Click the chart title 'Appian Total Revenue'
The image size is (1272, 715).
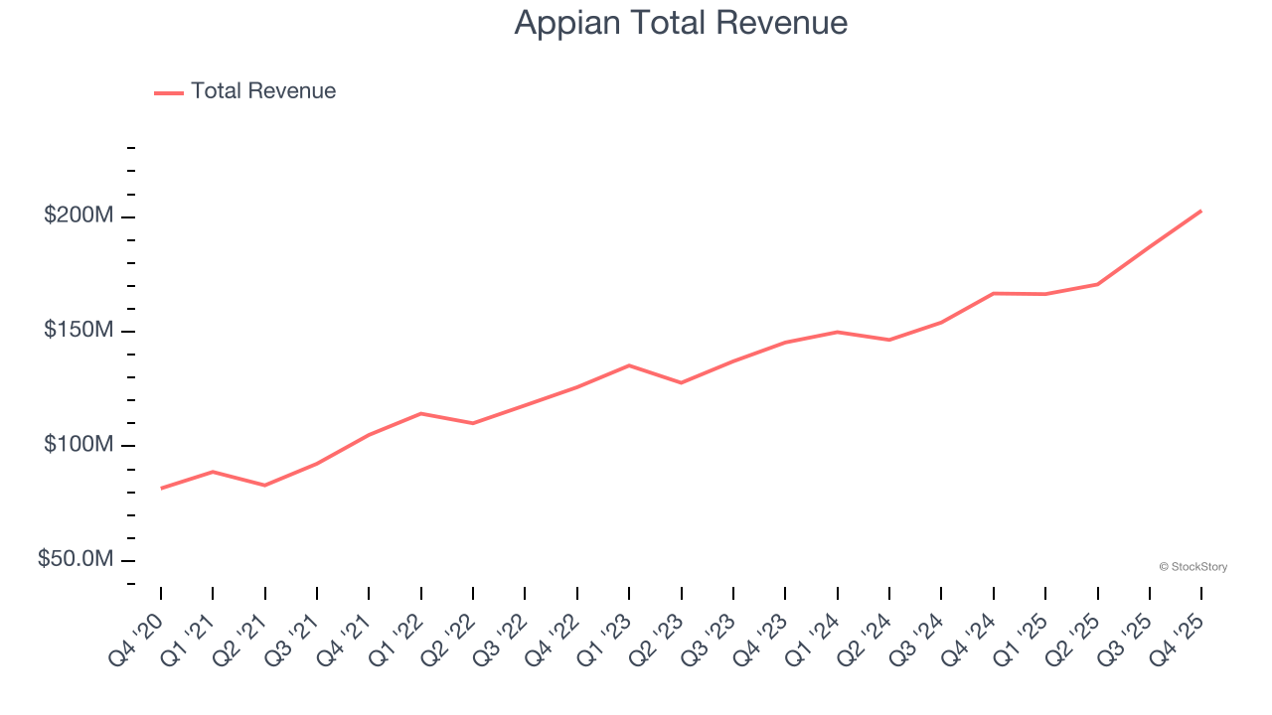pyautogui.click(x=681, y=23)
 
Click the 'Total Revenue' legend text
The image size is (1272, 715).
pyautogui.click(x=263, y=91)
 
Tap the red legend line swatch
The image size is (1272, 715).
pyautogui.click(x=169, y=92)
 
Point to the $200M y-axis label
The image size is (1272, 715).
pyautogui.click(x=78, y=215)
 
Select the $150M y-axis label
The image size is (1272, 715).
pyautogui.click(x=78, y=330)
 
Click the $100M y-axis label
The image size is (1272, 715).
pyautogui.click(x=78, y=445)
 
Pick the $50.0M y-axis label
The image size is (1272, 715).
pyautogui.click(x=75, y=559)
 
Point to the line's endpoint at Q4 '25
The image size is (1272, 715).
pyautogui.click(x=1201, y=211)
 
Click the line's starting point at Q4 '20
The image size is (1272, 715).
pyautogui.click(x=161, y=489)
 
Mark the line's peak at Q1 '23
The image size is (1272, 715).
pyautogui.click(x=629, y=365)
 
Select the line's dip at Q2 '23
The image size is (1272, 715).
pyautogui.click(x=681, y=382)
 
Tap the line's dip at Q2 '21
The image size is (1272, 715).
pyautogui.click(x=264, y=486)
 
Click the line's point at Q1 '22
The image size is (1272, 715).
pyautogui.click(x=421, y=413)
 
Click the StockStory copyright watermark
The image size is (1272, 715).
pyautogui.click(x=1192, y=567)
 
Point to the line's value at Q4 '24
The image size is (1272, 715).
pyautogui.click(x=994, y=293)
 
